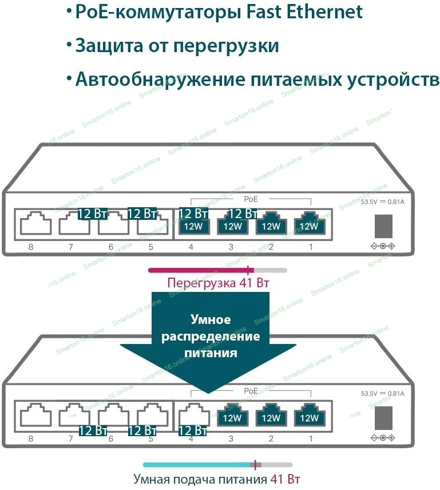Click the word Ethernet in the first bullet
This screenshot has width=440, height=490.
pyautogui.click(x=319, y=11)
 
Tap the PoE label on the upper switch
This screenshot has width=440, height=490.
pyautogui.click(x=251, y=199)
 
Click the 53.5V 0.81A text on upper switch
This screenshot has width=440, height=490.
pyautogui.click(x=382, y=202)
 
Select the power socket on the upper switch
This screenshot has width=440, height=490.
pyautogui.click(x=383, y=226)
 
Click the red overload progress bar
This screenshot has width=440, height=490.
pyautogui.click(x=200, y=270)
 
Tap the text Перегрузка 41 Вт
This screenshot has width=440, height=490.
pyautogui.click(x=217, y=283)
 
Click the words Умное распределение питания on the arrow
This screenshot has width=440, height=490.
pyautogui.click(x=210, y=336)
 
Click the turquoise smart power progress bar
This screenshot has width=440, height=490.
pyautogui.click(x=197, y=465)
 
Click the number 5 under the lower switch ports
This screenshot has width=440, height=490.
pyautogui.click(x=150, y=440)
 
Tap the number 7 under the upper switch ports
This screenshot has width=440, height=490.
pyautogui.click(x=70, y=247)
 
